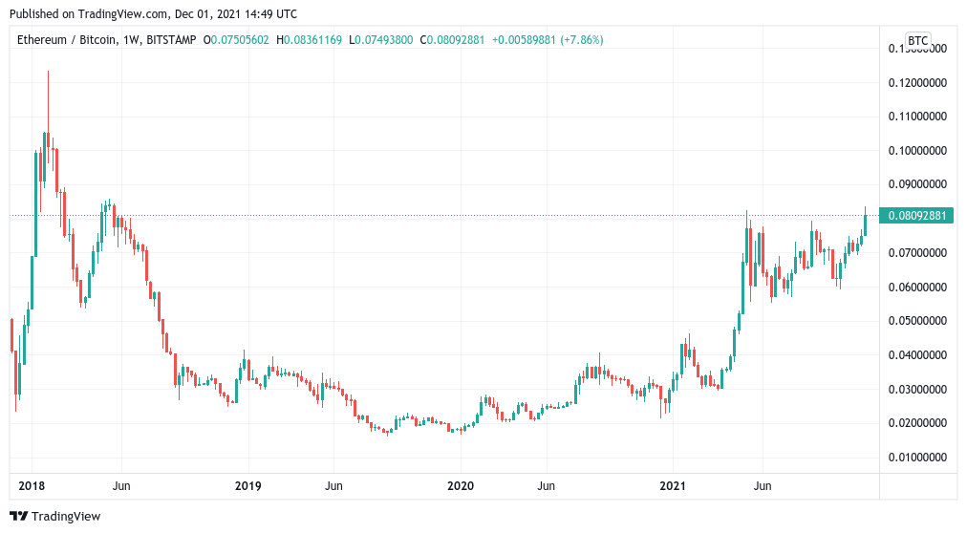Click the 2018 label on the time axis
pos(32,486)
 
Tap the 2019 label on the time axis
pos(247,486)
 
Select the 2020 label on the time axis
pos(461,486)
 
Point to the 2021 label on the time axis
pos(675,486)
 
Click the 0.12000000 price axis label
pos(916,83)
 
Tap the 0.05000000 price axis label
pos(916,321)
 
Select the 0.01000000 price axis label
pos(916,457)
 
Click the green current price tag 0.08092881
pos(916,216)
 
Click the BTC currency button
pos(917,40)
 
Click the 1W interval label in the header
pos(131,40)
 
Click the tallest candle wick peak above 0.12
pos(48,72)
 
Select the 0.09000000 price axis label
pos(916,184)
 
